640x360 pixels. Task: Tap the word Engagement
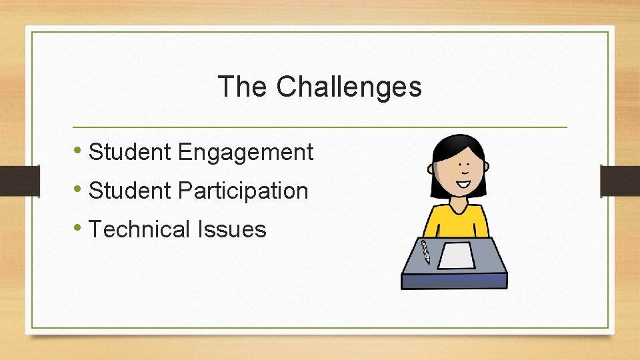245,153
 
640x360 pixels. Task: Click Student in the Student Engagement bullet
130,152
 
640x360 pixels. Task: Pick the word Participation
243,191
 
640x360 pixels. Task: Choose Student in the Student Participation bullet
130,191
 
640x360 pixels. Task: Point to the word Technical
139,229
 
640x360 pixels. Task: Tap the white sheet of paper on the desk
456,255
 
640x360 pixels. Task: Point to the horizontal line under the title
320,127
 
